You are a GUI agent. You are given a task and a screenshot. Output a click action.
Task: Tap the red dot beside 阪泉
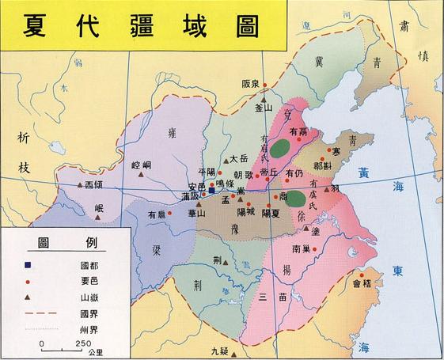(x=267, y=81)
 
